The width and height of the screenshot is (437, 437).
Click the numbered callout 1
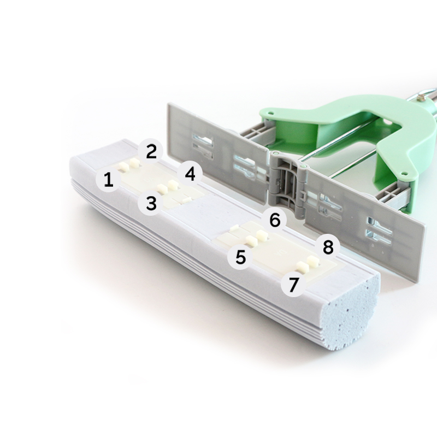[x=108, y=180]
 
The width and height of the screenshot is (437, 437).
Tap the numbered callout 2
[x=151, y=152]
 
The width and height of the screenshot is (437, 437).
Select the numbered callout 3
[x=151, y=203]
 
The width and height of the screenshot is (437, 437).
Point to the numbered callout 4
[x=190, y=174]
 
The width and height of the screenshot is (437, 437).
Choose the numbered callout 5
[x=240, y=257]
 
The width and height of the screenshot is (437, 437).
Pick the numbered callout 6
[x=275, y=221]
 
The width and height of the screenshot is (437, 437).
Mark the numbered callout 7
[x=293, y=284]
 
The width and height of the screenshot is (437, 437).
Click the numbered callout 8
[x=328, y=247]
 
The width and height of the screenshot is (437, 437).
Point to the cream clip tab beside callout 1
[x=123, y=167]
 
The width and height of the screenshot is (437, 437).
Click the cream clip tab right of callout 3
[x=161, y=188]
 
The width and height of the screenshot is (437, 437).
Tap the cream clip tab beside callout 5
[x=251, y=240]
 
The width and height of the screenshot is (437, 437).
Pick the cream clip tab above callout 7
[x=303, y=267]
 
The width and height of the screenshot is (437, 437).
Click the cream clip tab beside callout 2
[x=134, y=162]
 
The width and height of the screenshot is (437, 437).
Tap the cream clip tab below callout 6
[x=262, y=235]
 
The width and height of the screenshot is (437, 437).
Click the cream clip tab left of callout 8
[x=312, y=262]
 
